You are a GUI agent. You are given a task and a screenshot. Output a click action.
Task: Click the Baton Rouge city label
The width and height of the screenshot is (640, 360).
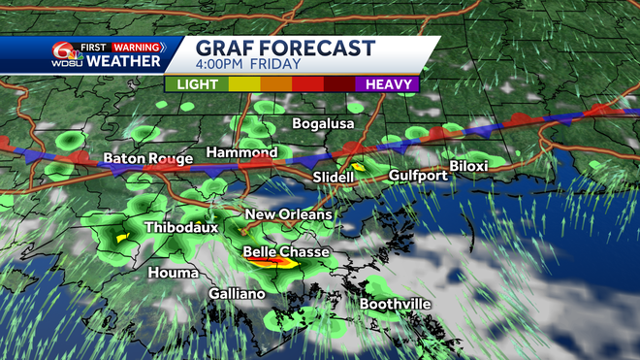(142, 157)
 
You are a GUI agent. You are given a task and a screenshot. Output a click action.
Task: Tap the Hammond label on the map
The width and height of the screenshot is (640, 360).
(241, 152)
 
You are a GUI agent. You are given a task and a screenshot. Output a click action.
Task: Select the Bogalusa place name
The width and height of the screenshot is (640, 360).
(324, 124)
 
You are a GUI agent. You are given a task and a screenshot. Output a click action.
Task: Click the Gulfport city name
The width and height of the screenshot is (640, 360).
(418, 176)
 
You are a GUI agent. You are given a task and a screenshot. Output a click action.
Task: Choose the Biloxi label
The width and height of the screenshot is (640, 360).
(467, 166)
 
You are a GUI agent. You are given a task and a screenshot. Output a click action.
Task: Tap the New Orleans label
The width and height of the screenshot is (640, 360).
(288, 214)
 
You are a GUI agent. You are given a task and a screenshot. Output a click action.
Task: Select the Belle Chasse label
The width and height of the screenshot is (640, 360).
(286, 252)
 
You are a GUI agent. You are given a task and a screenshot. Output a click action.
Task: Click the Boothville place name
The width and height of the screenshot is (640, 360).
(395, 304)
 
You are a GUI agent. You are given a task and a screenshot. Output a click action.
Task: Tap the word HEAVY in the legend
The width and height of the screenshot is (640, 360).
(392, 84)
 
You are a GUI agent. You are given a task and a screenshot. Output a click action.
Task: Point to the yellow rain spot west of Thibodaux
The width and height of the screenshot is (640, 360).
(123, 236)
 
